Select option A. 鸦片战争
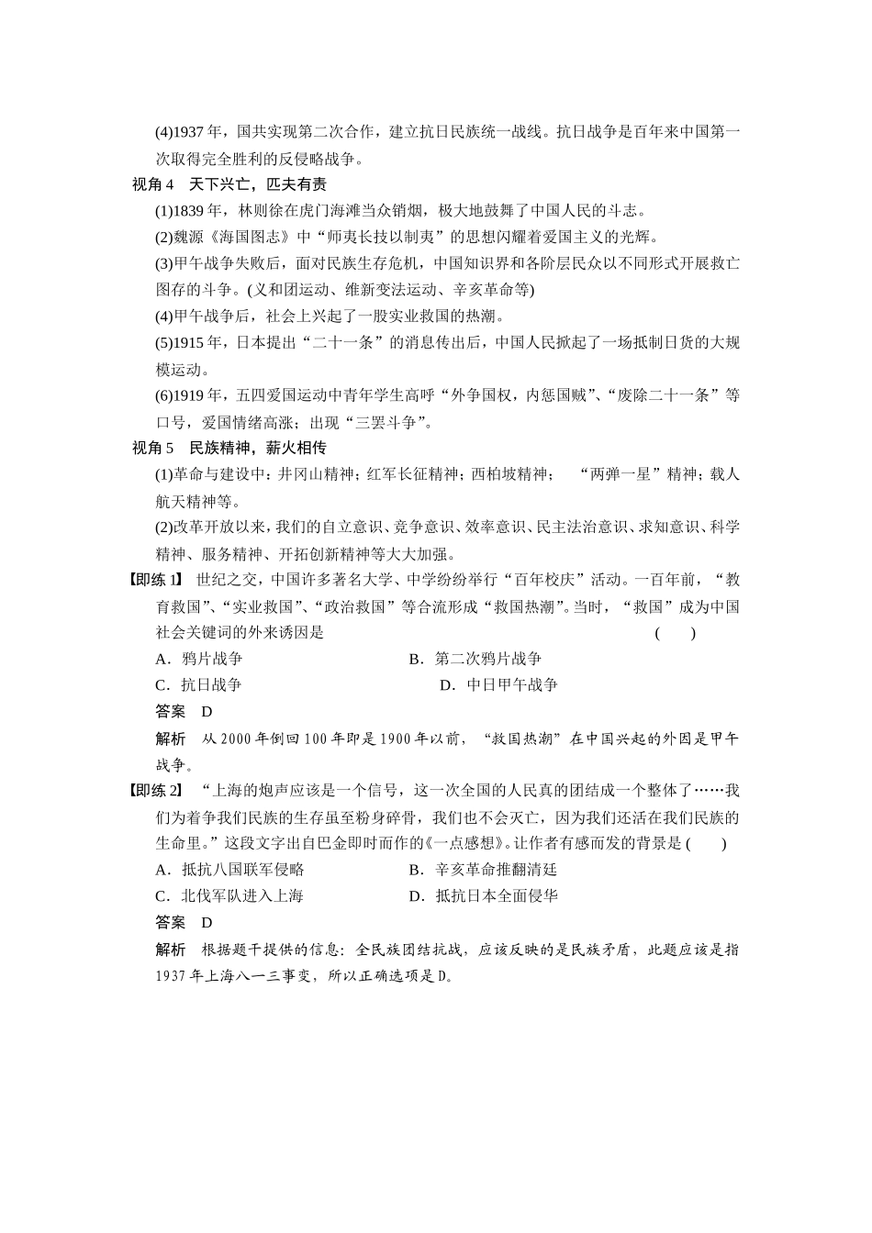pos(199,659)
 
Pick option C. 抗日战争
pos(199,685)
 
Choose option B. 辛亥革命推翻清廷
pos(483,870)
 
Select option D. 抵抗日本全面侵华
pos(483,896)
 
